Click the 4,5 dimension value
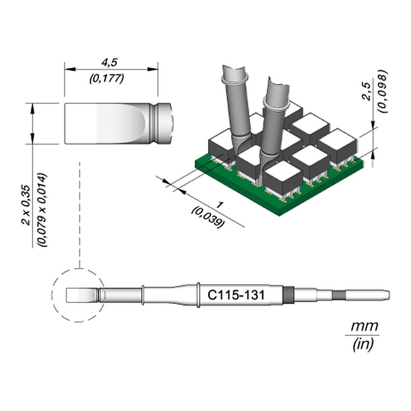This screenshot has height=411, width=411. coord(110,62)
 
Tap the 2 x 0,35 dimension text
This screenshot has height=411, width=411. coord(26,205)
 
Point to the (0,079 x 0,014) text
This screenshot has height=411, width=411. coord(42,210)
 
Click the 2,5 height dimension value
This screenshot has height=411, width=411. coord(367,92)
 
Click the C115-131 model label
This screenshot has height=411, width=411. coord(236,295)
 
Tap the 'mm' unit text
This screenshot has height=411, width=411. coord(365,326)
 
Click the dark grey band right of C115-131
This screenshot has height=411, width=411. coord(288,295)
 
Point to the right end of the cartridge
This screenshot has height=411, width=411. coord(389,295)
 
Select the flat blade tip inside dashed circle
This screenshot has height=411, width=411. coord(81,296)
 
